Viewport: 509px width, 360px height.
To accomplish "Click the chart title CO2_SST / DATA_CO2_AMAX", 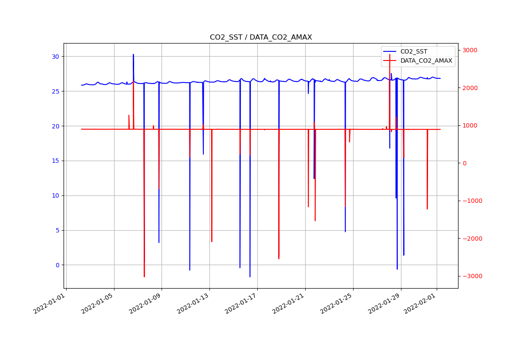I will (261, 37).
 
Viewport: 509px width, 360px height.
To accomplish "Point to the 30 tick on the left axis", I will (55, 57).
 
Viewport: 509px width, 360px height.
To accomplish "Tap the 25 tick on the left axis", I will (55, 91).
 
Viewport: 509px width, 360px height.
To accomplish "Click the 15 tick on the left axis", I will (55, 161).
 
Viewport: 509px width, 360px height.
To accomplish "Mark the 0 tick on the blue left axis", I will (57, 265).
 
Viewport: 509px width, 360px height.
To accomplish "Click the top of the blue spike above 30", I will (133, 54).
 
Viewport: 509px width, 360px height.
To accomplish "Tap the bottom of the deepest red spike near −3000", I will (144, 276).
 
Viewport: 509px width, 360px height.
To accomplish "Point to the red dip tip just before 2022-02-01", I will (427, 209).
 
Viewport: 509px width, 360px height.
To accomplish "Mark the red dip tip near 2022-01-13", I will (212, 242).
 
